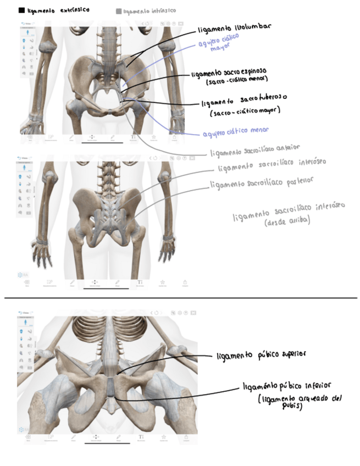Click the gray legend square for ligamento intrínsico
(119, 10)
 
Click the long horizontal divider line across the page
(180, 298)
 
